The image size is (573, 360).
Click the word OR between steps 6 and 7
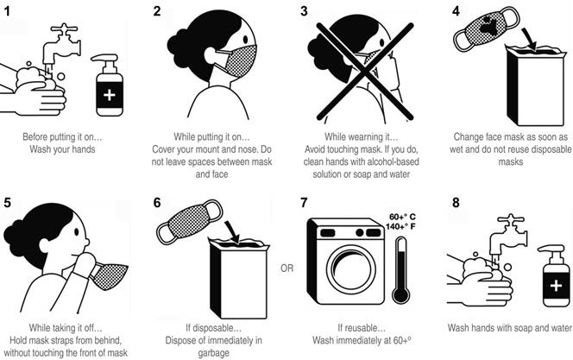286,268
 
